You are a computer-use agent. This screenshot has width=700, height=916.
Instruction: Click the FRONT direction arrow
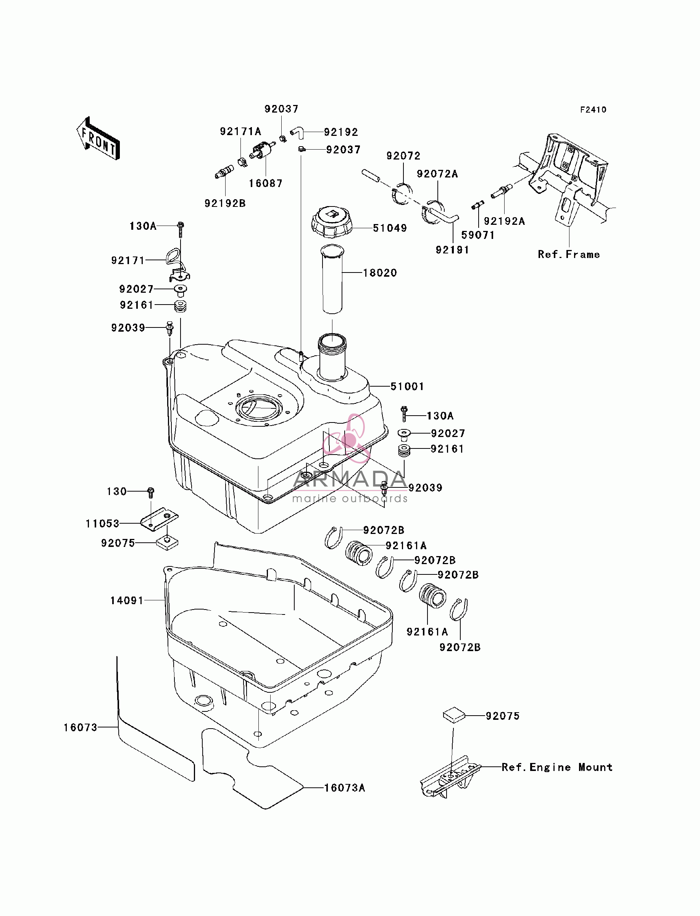[x=98, y=139]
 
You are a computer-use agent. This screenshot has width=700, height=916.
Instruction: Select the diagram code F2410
[x=594, y=110]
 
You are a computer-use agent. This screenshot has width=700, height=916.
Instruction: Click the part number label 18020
[x=380, y=273]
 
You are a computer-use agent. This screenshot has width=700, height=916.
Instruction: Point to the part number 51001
[x=407, y=387]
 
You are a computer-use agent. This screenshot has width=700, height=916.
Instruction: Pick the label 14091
[x=127, y=600]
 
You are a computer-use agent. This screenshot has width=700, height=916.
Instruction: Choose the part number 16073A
[x=345, y=788]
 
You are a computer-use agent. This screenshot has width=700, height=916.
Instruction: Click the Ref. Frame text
[x=569, y=255]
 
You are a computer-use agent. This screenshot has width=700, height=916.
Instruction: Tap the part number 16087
[x=266, y=183]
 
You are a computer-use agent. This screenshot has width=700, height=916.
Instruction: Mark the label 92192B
[x=225, y=203]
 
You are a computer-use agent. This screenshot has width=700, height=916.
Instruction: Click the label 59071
[x=478, y=235]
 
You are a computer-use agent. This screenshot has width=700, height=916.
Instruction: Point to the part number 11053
[x=103, y=524]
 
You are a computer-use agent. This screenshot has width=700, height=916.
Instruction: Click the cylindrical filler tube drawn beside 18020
[x=332, y=279]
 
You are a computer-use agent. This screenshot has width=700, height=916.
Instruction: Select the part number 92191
[x=453, y=250]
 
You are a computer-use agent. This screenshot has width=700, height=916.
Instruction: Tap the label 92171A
[x=240, y=132]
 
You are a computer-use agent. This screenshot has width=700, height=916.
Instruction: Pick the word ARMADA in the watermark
[x=349, y=479]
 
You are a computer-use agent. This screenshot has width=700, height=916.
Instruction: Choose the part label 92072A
[x=437, y=174]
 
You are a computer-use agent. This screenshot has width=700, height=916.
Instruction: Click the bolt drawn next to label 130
[x=151, y=493]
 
